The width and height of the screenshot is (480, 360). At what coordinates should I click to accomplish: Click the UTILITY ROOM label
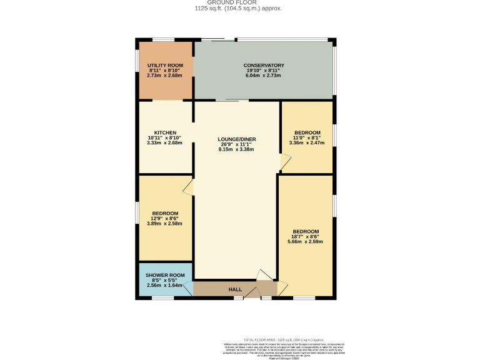(165, 66)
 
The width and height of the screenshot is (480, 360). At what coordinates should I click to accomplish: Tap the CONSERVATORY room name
(264, 66)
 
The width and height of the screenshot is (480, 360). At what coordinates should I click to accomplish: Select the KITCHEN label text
(165, 132)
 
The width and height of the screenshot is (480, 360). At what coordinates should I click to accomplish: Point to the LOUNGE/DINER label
(237, 139)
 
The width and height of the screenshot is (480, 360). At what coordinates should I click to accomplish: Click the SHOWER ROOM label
(165, 276)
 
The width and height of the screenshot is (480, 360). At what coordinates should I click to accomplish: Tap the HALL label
(235, 289)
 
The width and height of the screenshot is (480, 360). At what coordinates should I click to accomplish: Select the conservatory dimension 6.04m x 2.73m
(264, 76)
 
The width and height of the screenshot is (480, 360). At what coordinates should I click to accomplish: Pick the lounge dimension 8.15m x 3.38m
(237, 149)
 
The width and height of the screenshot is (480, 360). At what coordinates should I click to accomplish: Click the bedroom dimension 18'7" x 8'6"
(306, 237)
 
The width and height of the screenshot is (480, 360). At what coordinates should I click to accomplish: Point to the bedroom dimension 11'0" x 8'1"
(307, 137)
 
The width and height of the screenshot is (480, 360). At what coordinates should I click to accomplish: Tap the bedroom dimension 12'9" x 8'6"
(165, 218)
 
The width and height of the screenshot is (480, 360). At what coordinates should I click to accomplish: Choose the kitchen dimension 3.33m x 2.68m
(165, 142)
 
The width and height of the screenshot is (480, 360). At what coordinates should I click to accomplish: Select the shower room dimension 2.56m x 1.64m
(165, 285)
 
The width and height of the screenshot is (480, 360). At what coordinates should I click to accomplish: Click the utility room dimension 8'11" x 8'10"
(165, 71)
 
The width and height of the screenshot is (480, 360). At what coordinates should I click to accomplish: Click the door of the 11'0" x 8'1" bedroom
(284, 162)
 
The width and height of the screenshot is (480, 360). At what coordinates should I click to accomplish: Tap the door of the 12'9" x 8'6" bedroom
(189, 186)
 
